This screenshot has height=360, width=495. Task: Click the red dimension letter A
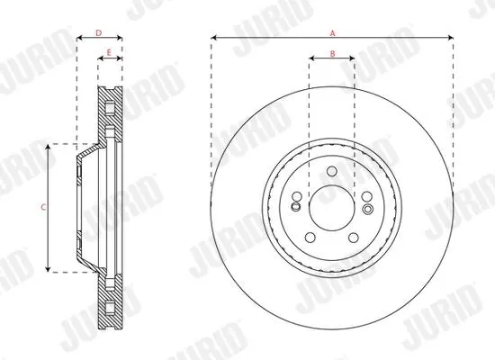click(x=332, y=33)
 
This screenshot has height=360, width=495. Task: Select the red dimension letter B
click(x=332, y=54)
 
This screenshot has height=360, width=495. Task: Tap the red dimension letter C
click(x=43, y=208)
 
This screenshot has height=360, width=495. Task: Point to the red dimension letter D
click(x=99, y=33)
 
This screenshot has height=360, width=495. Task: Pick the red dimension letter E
click(x=109, y=53)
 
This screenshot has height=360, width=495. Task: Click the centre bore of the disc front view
click(x=331, y=208)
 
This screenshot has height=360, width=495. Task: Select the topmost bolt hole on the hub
click(x=332, y=172)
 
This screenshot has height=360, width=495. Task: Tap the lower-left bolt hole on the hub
click(x=310, y=238)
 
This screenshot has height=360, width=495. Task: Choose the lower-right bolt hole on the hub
click(x=354, y=238)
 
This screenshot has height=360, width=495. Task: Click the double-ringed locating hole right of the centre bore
click(x=368, y=209)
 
